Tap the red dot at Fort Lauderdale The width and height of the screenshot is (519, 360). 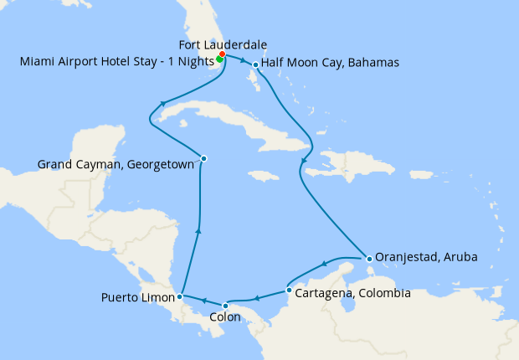coord(222,54)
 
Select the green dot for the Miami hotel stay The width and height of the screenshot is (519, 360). coord(218,59)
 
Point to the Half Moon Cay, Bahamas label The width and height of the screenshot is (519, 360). coord(330,63)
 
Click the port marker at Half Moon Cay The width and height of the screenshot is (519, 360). coord(255,64)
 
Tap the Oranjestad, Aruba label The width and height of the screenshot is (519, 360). coord(426,257)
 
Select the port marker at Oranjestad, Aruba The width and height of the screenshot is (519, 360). coord(369,258)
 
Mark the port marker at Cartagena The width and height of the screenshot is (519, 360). coord(289,291)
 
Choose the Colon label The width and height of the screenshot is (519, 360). coord(226,317)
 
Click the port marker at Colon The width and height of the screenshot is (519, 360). coord(225,306)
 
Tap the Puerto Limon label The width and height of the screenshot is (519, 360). coord(138,297)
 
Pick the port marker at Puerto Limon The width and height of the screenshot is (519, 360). coord(180,296)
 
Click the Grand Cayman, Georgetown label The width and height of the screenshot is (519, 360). coord(116,165)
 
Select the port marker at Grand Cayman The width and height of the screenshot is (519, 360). coord(203,157)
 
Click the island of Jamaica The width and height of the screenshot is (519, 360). coord(263,176)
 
